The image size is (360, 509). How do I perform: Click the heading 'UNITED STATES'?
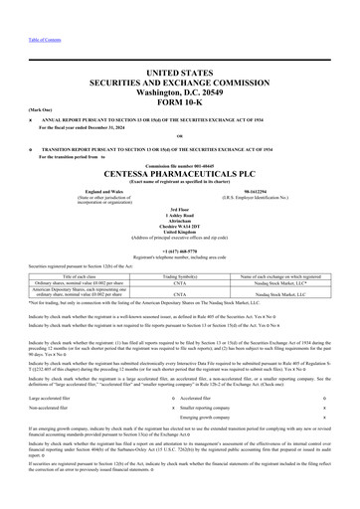pos(179,74)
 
